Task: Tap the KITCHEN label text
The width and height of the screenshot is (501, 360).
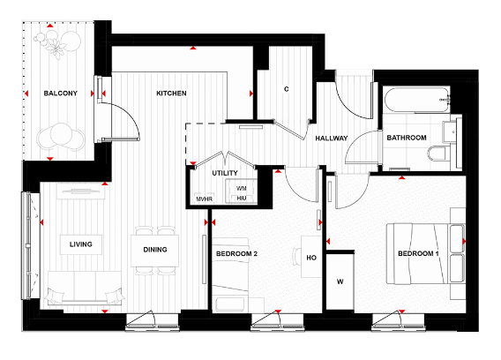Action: click(x=171, y=94)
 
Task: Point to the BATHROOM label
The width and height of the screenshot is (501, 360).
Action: click(x=406, y=139)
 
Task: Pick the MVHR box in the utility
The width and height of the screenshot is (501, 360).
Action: click(x=205, y=199)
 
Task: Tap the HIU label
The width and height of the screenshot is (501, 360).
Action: click(x=241, y=199)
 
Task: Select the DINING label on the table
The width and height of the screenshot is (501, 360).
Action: click(x=155, y=250)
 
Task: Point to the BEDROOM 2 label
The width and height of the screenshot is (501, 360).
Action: click(x=236, y=255)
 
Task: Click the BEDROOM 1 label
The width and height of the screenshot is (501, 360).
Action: click(x=418, y=254)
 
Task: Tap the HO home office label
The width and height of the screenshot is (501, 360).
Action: click(x=310, y=258)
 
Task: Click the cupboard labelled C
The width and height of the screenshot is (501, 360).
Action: click(x=288, y=89)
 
